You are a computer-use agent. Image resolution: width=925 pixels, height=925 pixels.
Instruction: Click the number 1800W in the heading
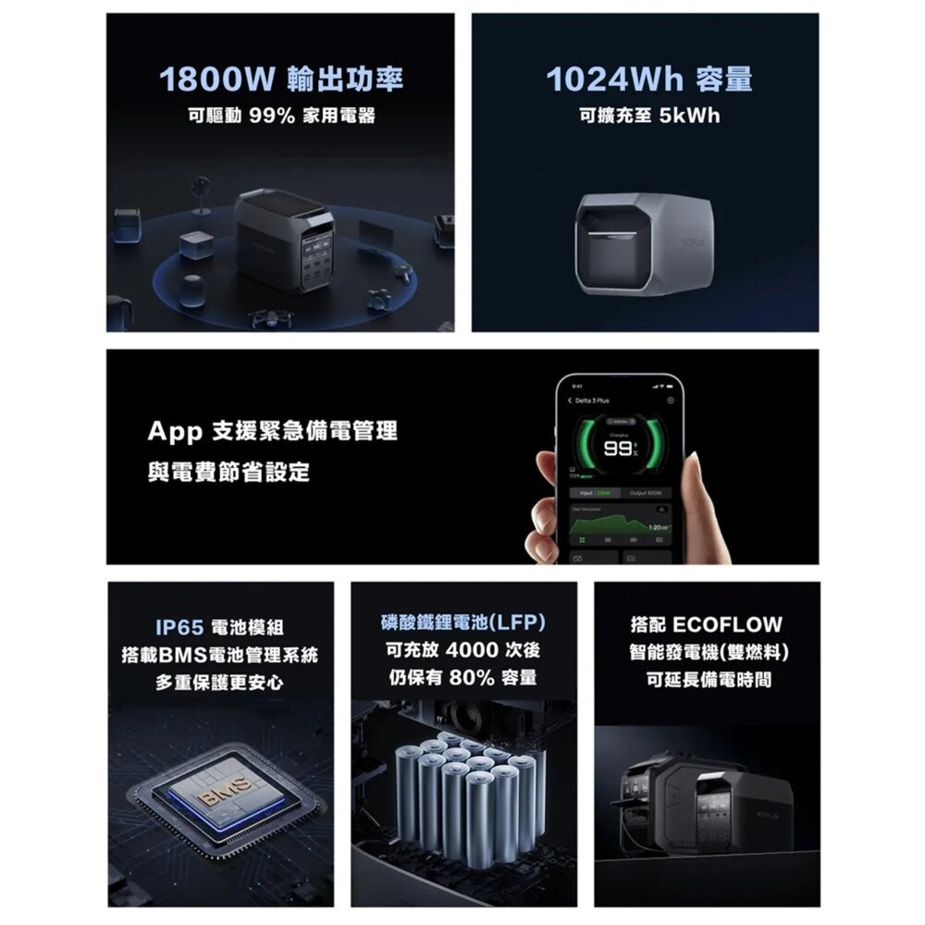click(214, 80)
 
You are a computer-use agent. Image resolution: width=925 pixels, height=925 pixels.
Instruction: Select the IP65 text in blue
click(179, 628)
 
